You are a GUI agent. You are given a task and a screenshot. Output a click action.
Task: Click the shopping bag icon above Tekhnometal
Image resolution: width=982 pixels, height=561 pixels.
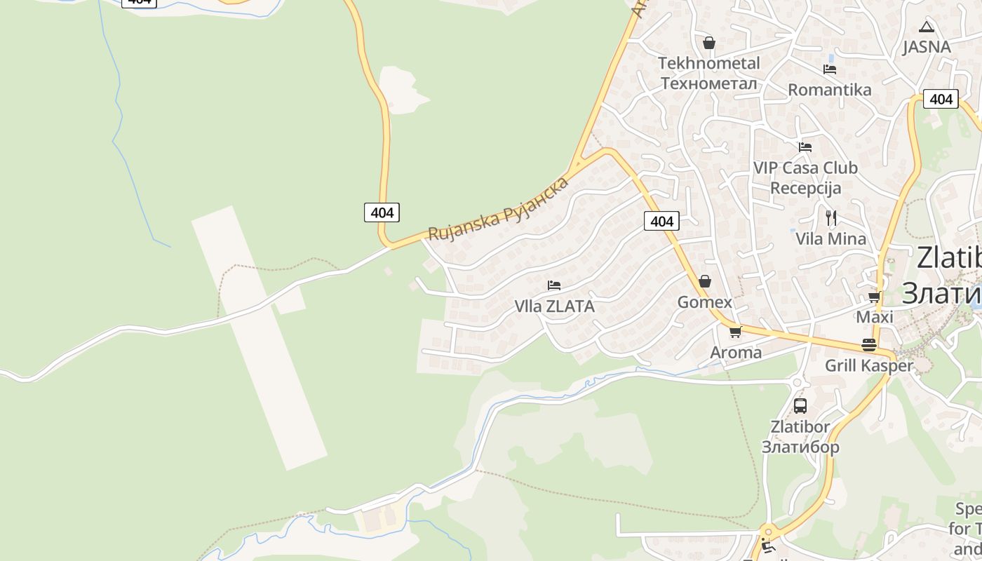coord(709,43)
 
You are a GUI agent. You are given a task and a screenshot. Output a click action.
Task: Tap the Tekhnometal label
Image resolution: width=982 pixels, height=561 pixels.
coord(709,73)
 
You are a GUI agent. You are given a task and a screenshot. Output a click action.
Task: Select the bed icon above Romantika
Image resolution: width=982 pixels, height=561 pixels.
coord(830,69)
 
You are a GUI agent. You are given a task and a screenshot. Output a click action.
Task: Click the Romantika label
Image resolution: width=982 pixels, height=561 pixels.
coord(830,90)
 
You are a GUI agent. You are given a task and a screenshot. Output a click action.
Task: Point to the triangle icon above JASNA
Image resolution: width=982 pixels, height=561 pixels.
coord(927,27)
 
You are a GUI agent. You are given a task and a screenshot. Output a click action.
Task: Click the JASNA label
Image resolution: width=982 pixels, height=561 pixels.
coord(927,47)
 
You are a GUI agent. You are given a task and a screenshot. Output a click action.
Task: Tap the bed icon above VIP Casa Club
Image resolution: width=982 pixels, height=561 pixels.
coord(805,147)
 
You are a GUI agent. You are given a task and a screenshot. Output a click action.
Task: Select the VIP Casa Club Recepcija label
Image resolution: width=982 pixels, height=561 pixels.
coord(805,178)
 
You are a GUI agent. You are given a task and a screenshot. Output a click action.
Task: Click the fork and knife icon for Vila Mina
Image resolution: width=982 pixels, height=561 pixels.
coord(831,218)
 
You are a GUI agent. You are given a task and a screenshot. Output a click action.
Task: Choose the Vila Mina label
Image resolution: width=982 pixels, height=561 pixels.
coord(831,238)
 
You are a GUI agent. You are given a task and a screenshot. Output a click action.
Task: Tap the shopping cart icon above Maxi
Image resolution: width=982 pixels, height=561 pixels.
coord(875,297)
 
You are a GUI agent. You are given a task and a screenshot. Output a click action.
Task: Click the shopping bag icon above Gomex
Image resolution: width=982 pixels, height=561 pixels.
coord(705,281)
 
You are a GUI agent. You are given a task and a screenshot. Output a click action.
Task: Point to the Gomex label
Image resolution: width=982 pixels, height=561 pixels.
coord(705,302)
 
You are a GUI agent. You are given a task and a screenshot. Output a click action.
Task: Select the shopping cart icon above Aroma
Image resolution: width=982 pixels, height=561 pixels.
coord(735,332)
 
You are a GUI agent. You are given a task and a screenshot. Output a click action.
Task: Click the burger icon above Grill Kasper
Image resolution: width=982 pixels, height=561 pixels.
coord(869,345)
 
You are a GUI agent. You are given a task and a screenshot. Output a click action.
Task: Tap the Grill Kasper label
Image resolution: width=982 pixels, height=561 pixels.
coord(869,365)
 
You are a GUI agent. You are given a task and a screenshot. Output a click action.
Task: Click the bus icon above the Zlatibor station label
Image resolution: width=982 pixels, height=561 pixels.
coord(800,405)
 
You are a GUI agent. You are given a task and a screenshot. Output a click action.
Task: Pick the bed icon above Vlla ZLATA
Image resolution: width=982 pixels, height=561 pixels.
coord(554,285)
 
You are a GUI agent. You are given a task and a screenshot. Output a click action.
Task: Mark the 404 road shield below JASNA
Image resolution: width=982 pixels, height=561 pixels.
coord(941,99)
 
